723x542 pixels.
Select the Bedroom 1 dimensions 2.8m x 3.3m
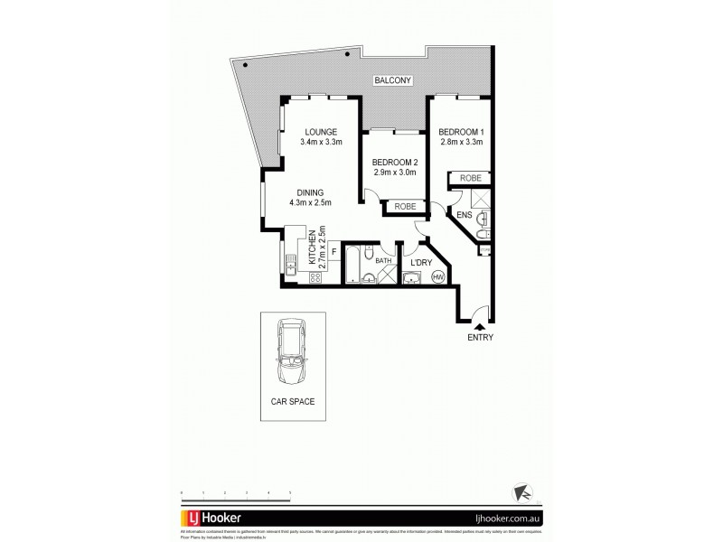(x=460, y=142)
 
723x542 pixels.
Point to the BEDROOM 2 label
(x=394, y=163)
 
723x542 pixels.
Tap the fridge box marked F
(x=333, y=252)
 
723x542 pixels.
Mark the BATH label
(x=383, y=262)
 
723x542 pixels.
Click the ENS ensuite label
(x=464, y=215)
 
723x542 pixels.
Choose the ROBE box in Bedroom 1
(x=470, y=179)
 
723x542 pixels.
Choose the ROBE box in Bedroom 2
(x=404, y=207)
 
